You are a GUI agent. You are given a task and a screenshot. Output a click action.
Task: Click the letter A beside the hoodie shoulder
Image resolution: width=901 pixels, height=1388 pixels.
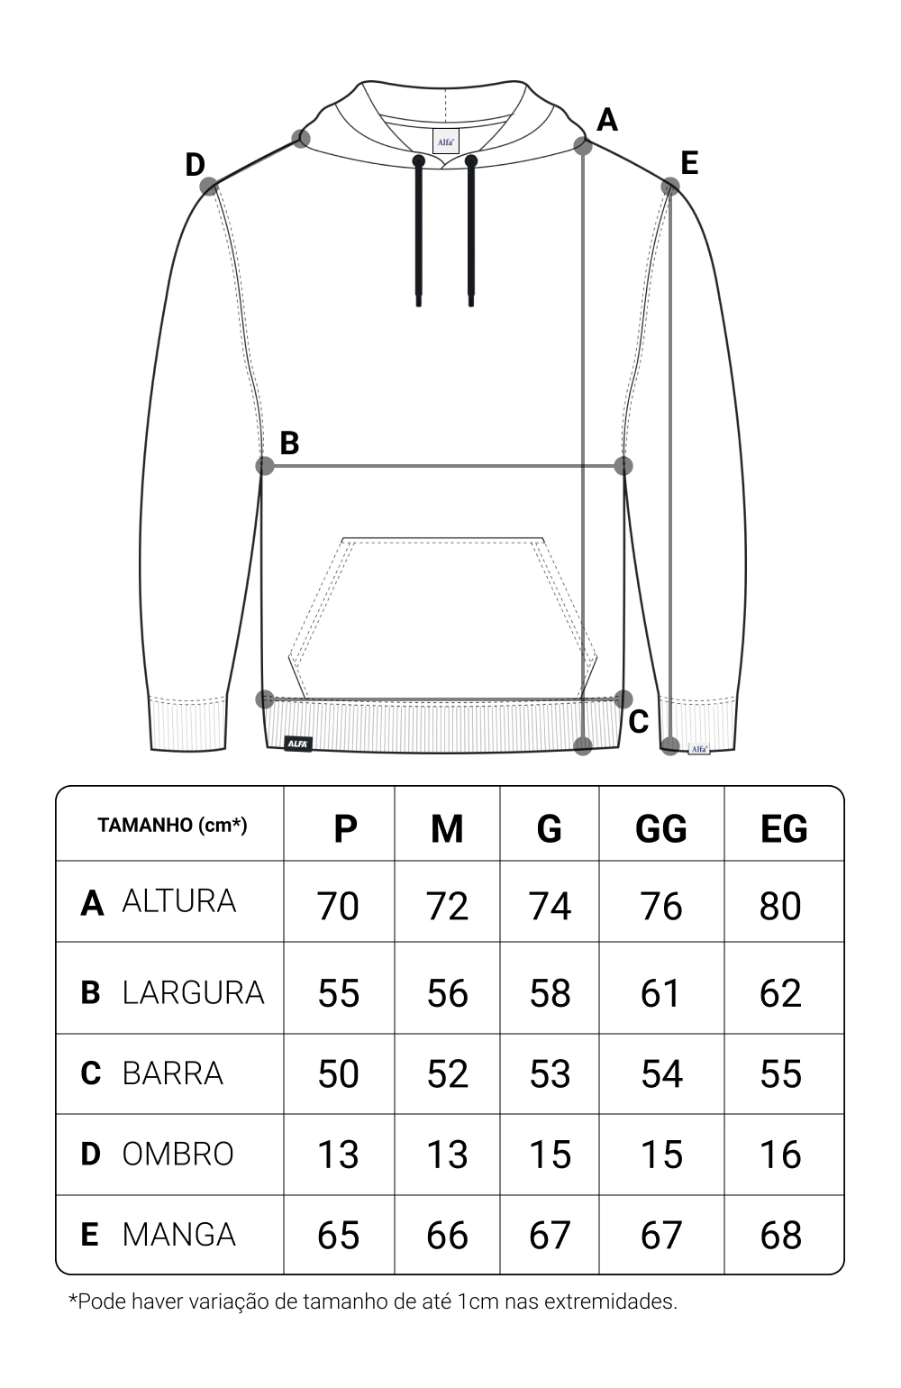pyautogui.click(x=607, y=120)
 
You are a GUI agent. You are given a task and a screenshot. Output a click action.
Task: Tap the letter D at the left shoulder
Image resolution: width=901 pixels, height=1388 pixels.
pyautogui.click(x=195, y=165)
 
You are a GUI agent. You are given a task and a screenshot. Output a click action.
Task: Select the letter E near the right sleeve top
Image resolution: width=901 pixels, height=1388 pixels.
pyautogui.click(x=689, y=163)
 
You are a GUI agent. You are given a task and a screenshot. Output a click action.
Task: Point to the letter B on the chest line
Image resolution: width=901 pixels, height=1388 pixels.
pyautogui.click(x=289, y=443)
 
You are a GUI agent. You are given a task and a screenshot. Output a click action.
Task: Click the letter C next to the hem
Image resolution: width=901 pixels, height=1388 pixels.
pyautogui.click(x=639, y=722)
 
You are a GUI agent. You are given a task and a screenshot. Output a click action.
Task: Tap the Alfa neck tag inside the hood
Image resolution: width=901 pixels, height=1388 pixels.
pyautogui.click(x=446, y=142)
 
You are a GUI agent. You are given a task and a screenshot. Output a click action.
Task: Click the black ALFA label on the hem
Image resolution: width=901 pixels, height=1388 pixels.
pyautogui.click(x=298, y=744)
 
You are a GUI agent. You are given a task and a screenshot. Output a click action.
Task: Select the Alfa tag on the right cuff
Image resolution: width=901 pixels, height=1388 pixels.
pyautogui.click(x=699, y=749)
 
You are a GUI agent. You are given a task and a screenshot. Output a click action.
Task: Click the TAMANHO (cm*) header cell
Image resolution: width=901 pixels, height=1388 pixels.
pyautogui.click(x=172, y=825)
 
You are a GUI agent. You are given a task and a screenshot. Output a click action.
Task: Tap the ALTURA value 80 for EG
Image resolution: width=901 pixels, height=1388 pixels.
pyautogui.click(x=780, y=906)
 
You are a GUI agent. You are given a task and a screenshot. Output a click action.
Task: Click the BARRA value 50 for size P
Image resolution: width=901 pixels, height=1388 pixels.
pyautogui.click(x=338, y=1073)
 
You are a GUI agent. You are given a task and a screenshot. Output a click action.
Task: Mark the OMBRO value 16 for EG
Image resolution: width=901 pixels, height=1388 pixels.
pyautogui.click(x=780, y=1155)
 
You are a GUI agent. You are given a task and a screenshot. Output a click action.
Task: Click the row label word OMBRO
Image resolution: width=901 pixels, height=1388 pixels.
pyautogui.click(x=177, y=1154)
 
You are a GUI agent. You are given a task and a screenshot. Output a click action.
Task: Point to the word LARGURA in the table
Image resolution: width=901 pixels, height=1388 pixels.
pyautogui.click(x=193, y=992)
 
